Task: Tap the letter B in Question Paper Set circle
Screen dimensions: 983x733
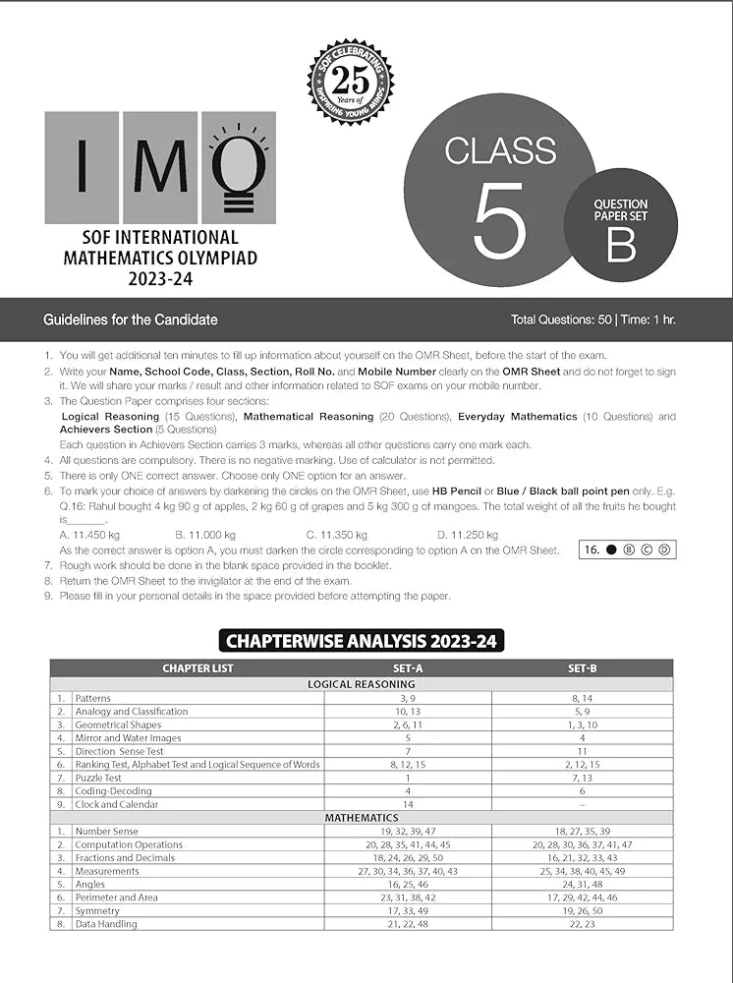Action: click(x=620, y=245)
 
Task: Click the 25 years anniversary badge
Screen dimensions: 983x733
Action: click(x=350, y=82)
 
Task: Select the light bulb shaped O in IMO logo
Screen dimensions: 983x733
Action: click(x=239, y=168)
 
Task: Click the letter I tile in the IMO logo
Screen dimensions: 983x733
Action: click(x=82, y=168)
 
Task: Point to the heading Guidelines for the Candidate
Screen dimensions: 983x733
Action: click(x=131, y=319)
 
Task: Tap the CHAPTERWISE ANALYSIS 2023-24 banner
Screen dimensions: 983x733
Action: click(x=365, y=642)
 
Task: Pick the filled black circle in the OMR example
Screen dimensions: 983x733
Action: click(x=611, y=549)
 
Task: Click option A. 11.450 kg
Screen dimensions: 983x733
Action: click(x=89, y=535)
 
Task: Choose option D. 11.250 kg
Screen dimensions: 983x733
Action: click(x=467, y=535)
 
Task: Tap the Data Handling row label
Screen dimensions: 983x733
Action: click(x=106, y=924)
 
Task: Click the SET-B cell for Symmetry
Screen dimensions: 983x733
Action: click(x=582, y=910)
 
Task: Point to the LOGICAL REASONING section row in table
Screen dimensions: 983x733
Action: click(x=362, y=684)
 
